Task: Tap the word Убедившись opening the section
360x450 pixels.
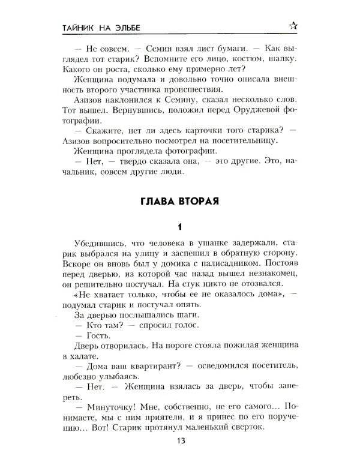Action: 97,243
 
